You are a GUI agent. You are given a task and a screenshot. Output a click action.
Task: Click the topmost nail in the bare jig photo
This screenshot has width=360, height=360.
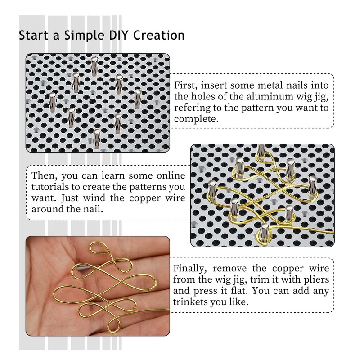94,65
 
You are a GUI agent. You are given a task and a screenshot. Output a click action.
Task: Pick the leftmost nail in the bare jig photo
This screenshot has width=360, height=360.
52,101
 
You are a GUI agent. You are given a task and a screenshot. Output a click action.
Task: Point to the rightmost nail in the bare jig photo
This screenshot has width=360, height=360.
138,97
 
